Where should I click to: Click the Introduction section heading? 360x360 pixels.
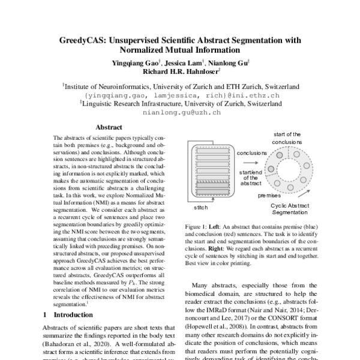pos(75,314)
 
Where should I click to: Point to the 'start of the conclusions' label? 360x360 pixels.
pos(287,137)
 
